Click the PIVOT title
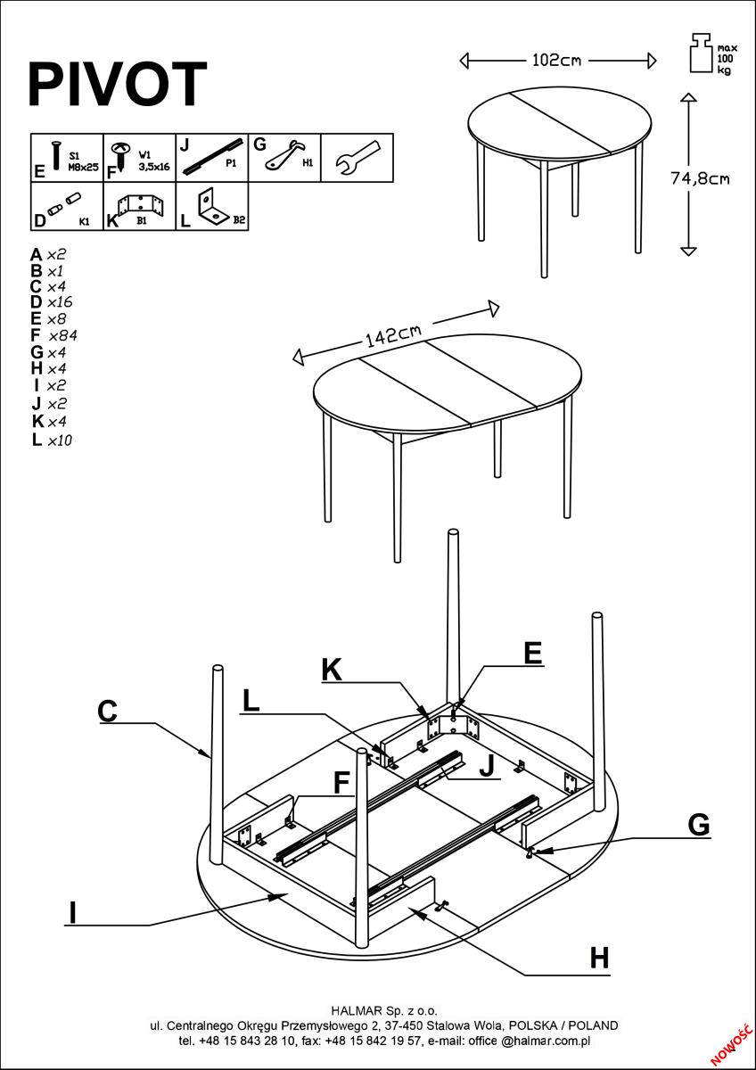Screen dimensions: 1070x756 pyautogui.click(x=118, y=86)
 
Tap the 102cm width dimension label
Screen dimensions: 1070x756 pyautogui.click(x=556, y=61)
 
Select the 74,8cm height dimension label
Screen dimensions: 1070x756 pyautogui.click(x=700, y=178)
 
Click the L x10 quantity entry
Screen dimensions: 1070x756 pyautogui.click(x=51, y=440)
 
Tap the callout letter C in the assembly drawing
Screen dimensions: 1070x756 pyautogui.click(x=107, y=711)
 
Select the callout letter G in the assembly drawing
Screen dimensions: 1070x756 pyautogui.click(x=699, y=826)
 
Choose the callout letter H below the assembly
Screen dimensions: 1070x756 pyautogui.click(x=600, y=959)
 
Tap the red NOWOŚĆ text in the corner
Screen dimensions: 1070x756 pyautogui.click(x=730, y=1043)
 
